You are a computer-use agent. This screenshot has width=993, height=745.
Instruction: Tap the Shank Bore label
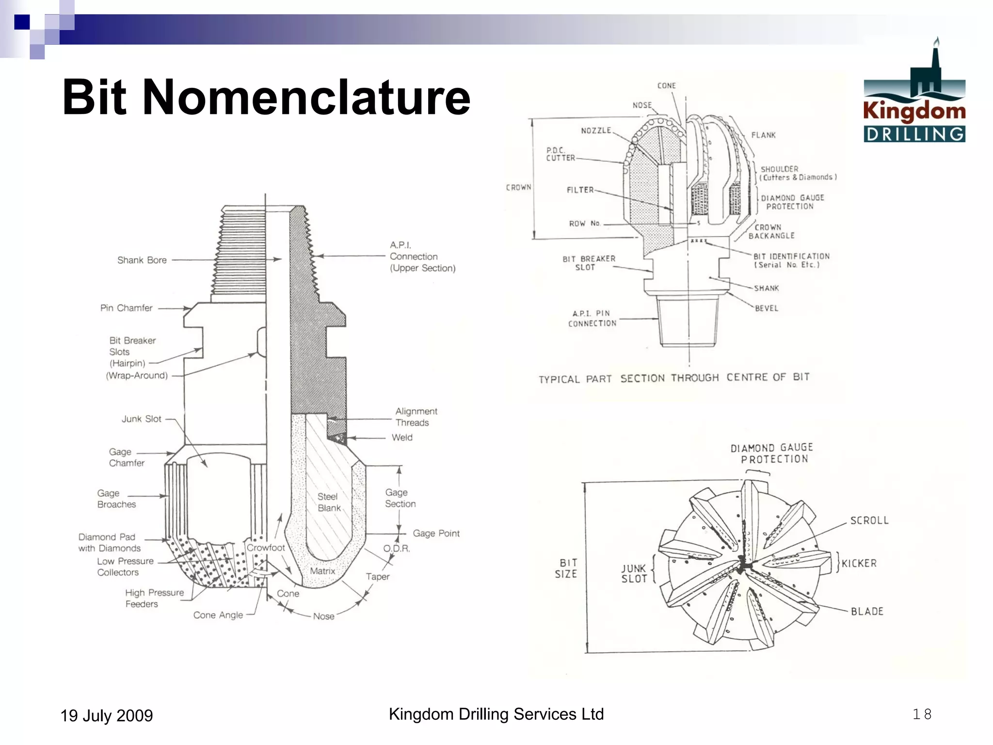tap(142, 260)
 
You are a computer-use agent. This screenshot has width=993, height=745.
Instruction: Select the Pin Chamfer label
tap(126, 308)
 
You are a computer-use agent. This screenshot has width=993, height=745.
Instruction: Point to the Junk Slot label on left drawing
tap(141, 419)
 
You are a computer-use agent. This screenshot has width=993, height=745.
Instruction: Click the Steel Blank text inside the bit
tap(329, 502)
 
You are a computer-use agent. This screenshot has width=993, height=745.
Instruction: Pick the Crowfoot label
tap(266, 548)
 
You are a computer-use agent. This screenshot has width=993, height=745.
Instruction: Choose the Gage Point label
tap(436, 533)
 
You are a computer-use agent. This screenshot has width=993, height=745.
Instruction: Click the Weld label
tap(402, 437)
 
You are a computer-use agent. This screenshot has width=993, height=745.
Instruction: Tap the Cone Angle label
tap(218, 615)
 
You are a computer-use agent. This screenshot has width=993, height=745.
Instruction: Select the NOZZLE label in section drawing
tap(596, 130)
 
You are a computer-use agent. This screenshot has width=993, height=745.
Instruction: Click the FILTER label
tap(580, 190)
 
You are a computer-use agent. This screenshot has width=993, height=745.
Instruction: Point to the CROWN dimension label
tap(518, 187)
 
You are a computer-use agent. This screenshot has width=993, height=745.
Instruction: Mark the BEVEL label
tap(766, 308)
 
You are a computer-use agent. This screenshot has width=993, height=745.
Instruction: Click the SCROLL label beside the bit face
tap(869, 520)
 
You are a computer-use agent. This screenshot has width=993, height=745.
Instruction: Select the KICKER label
tap(859, 563)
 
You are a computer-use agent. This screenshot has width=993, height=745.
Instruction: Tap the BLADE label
tap(867, 611)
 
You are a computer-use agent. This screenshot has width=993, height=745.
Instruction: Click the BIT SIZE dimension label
tap(566, 568)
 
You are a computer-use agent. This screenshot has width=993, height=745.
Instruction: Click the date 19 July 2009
tap(106, 715)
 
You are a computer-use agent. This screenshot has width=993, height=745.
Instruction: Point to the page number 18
tap(922, 714)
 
